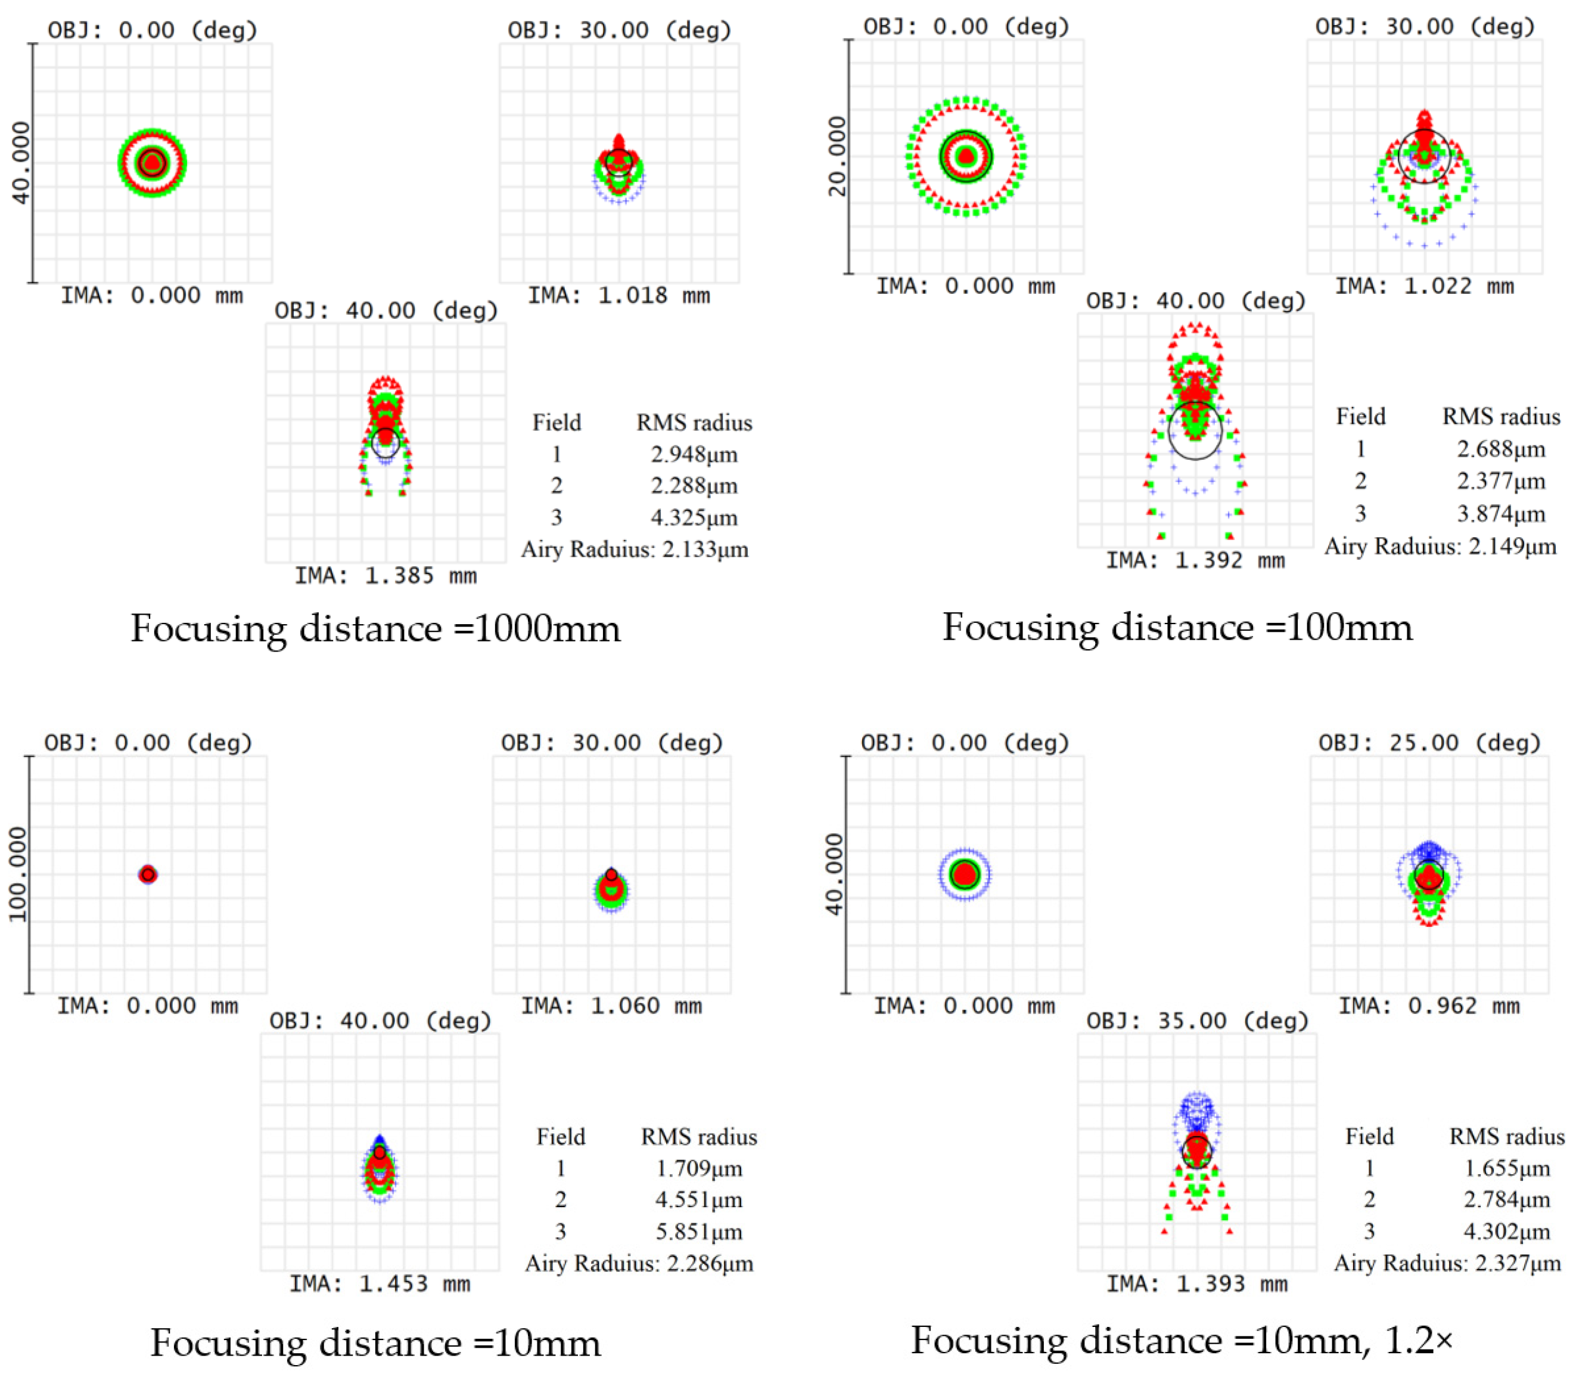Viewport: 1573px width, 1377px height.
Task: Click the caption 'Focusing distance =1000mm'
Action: tap(375, 628)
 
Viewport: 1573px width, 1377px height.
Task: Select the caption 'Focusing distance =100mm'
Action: tap(1177, 627)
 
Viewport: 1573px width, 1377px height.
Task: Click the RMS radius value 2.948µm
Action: tap(694, 455)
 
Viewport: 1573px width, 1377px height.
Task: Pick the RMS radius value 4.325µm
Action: tap(694, 518)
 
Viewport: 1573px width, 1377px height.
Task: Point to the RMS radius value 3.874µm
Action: tap(1501, 514)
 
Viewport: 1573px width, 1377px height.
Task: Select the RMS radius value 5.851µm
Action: tap(699, 1232)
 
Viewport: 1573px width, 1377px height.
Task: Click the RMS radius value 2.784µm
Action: tap(1507, 1199)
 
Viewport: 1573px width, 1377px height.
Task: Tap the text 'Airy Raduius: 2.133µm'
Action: tap(635, 550)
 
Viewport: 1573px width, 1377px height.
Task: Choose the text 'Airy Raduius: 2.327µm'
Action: tap(1447, 1263)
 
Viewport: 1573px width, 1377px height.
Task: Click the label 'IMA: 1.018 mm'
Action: tap(619, 296)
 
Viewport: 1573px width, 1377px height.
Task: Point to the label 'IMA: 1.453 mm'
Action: tap(380, 1284)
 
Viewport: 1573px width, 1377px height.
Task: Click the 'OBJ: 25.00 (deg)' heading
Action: tap(1430, 743)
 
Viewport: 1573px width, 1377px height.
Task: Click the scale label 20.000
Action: tap(837, 157)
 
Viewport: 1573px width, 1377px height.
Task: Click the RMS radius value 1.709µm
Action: tap(699, 1169)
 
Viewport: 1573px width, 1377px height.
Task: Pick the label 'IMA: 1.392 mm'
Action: tap(1195, 561)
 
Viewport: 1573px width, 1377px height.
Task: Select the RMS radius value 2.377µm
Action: tap(1501, 482)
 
